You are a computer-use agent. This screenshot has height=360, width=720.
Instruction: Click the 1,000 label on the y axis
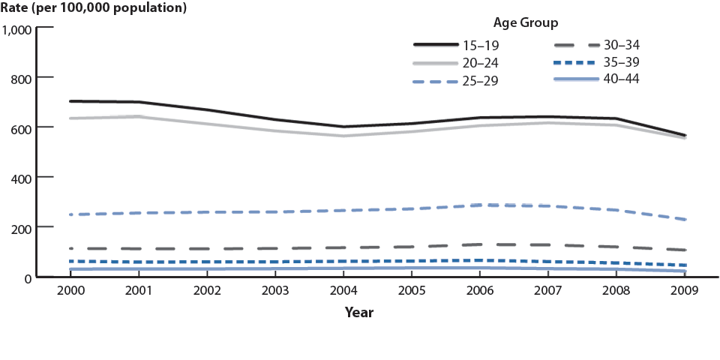tap(16, 29)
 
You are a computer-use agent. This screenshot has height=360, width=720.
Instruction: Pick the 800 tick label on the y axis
tap(21, 78)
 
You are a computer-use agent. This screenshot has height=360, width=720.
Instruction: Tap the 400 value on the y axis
tap(21, 178)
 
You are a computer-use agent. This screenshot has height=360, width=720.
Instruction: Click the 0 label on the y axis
tap(26, 277)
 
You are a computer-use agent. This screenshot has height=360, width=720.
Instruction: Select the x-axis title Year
tap(359, 312)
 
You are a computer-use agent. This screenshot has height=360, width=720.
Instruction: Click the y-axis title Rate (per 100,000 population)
tap(94, 9)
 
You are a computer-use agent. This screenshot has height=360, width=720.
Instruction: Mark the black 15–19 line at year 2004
tap(345, 127)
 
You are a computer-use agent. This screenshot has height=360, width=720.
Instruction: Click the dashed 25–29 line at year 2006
tap(480, 205)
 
